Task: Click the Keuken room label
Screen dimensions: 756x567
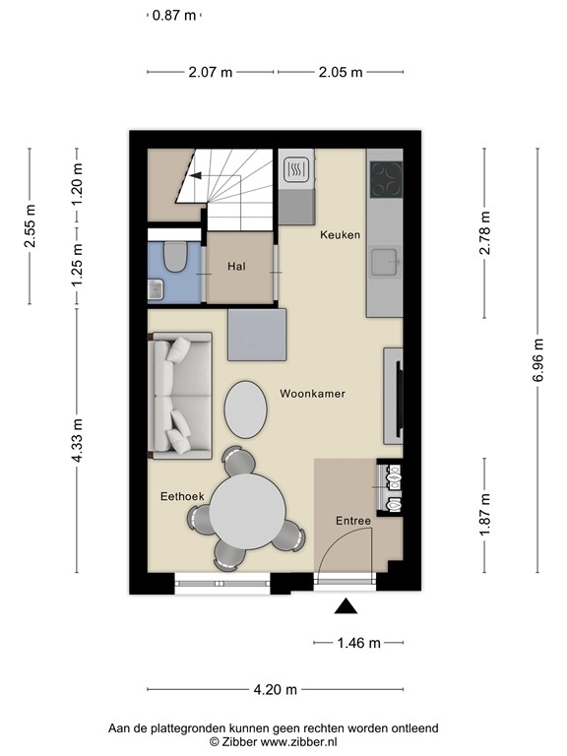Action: (341, 235)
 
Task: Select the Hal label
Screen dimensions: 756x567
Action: (236, 267)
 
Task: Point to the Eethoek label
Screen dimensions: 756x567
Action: (182, 498)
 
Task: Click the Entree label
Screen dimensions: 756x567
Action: (352, 521)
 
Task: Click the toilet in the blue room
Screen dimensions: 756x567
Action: (175, 258)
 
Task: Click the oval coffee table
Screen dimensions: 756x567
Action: (245, 408)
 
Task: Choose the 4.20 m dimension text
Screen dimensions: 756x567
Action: (275, 689)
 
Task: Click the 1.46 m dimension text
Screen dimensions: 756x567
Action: (358, 643)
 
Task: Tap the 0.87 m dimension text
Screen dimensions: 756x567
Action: (174, 16)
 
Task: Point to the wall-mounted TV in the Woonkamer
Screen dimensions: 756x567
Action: (399, 398)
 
